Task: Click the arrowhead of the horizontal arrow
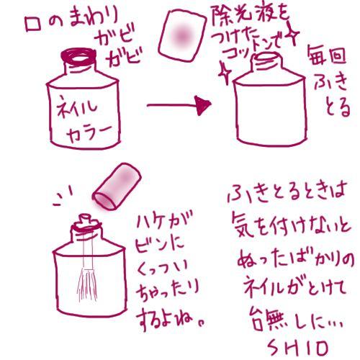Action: pyautogui.click(x=203, y=105)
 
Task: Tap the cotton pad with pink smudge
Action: pyautogui.click(x=182, y=35)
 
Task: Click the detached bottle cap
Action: pyautogui.click(x=117, y=186)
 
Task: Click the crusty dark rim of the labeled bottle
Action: pyautogui.click(x=78, y=57)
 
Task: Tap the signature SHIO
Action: pyautogui.click(x=297, y=348)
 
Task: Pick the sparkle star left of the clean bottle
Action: pyautogui.click(x=225, y=72)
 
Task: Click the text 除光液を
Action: pyautogui.click(x=251, y=16)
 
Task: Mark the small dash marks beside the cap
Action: pyautogui.click(x=63, y=197)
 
